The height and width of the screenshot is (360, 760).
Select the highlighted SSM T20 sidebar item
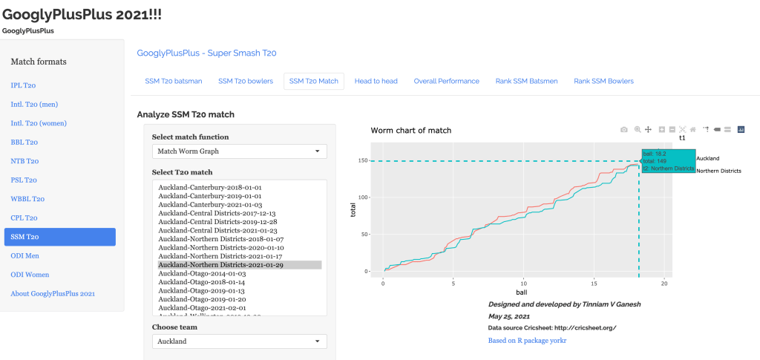pos(60,237)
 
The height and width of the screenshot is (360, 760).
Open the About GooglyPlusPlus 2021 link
pos(53,294)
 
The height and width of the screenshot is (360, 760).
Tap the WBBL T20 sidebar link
pos(27,199)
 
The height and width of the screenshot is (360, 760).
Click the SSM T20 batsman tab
pos(174,81)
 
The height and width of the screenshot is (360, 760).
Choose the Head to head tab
pos(376,81)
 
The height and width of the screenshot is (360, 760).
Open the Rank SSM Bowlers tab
pos(603,81)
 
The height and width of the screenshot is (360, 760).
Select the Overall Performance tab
pos(446,81)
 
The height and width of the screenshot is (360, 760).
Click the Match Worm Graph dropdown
pos(239,151)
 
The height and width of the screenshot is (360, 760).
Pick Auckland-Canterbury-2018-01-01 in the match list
pos(210,187)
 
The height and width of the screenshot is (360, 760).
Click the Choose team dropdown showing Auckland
pos(239,341)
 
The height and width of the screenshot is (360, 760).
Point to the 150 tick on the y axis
pos(363,160)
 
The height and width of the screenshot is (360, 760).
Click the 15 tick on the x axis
pos(594,284)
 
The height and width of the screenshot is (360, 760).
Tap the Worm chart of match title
pos(410,131)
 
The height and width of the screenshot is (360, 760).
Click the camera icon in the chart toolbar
pos(624,129)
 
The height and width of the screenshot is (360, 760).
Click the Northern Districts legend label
pos(718,171)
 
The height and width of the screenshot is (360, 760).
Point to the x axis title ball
pos(523,292)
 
